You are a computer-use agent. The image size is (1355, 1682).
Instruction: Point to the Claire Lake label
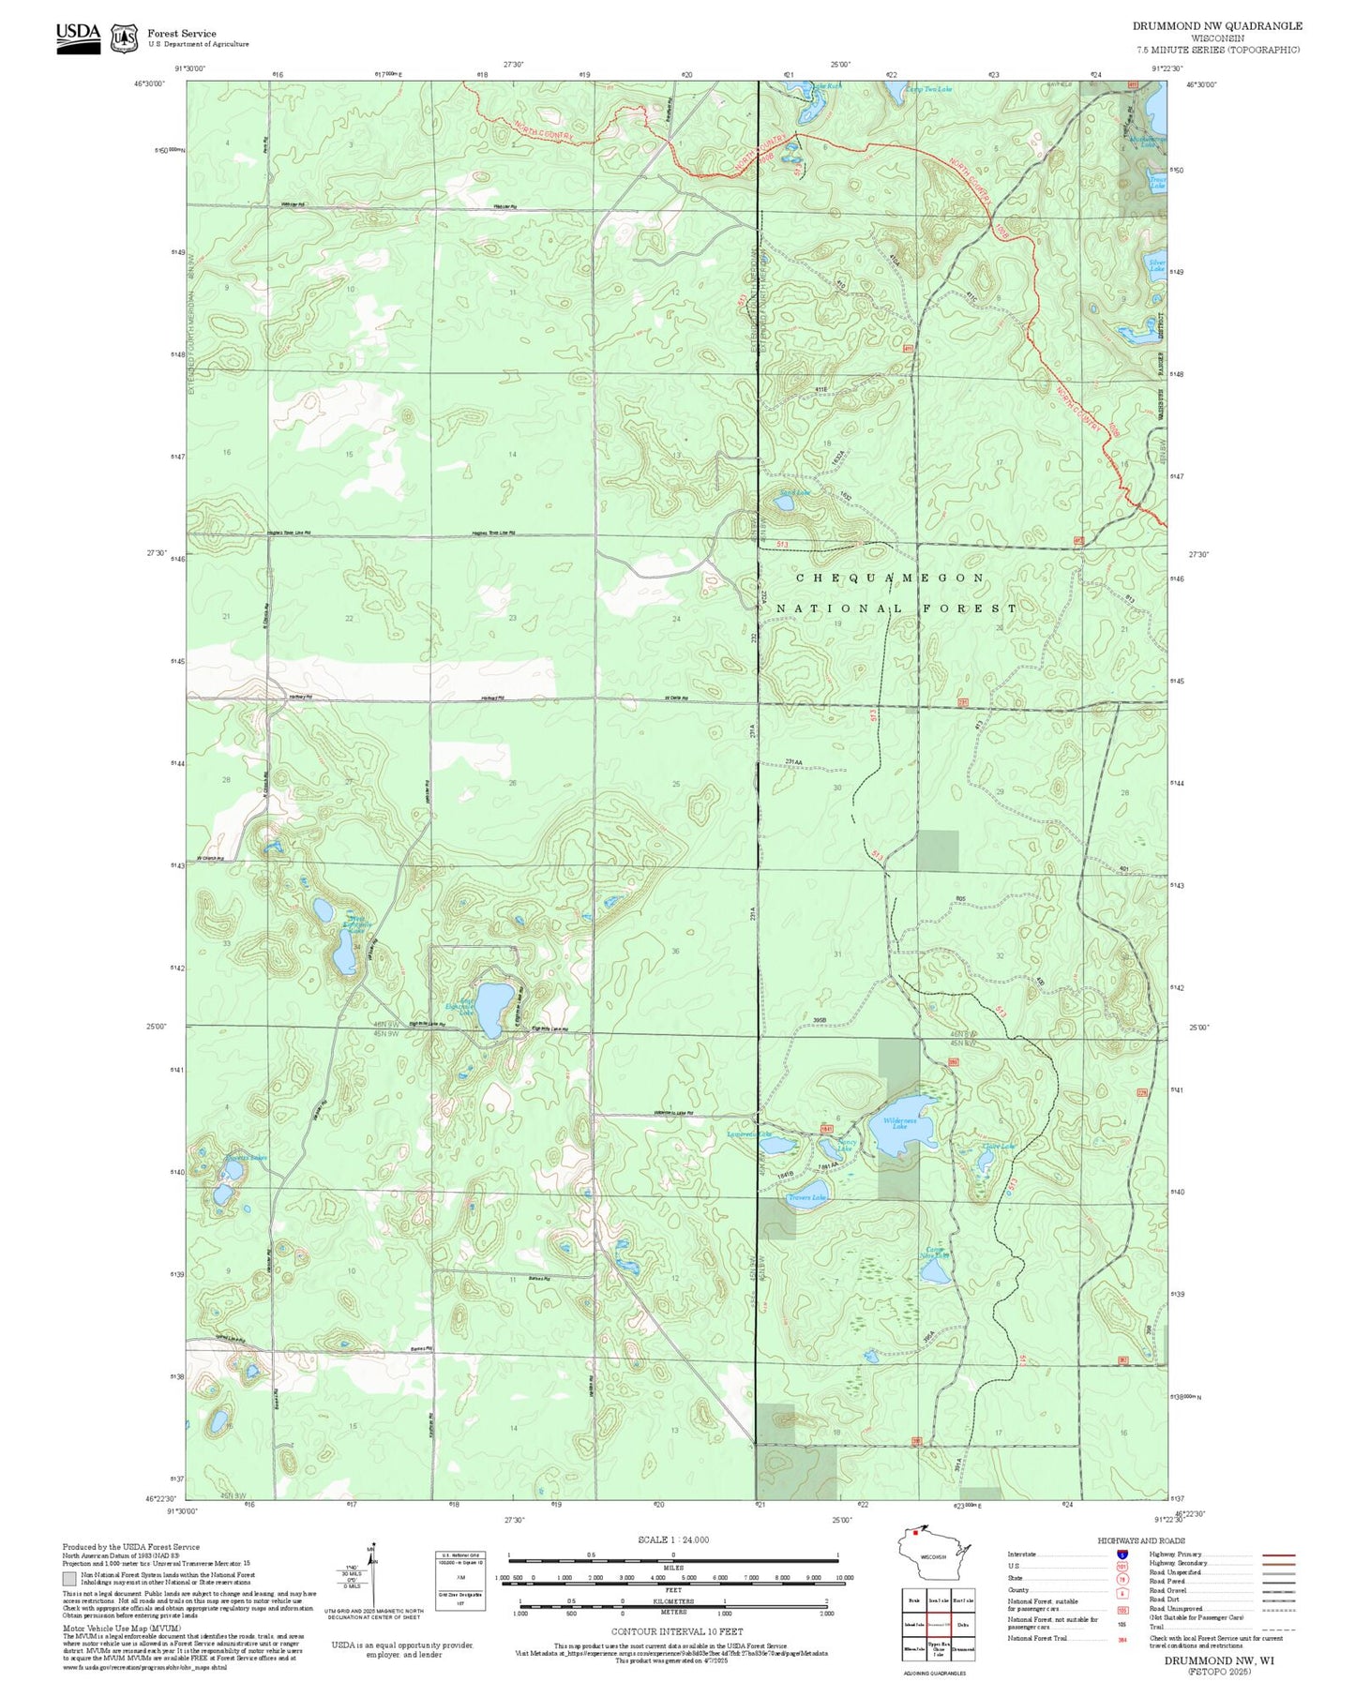pyautogui.click(x=998, y=1146)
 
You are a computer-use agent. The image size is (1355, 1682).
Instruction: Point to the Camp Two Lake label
pyautogui.click(x=928, y=89)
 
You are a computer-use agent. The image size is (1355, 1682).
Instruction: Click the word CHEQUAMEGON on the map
pyautogui.click(x=890, y=578)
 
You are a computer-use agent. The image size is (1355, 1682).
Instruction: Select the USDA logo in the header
pyautogui.click(x=78, y=35)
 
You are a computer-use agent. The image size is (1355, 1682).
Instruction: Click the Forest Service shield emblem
pyautogui.click(x=124, y=38)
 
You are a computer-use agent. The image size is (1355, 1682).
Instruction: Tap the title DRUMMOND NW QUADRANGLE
pyautogui.click(x=1216, y=25)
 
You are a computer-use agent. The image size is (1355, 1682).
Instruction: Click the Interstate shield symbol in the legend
pyautogui.click(x=1122, y=1554)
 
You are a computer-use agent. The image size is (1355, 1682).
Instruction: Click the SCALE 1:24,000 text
pyautogui.click(x=672, y=1539)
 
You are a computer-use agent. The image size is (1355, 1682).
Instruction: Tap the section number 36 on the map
pyautogui.click(x=675, y=952)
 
